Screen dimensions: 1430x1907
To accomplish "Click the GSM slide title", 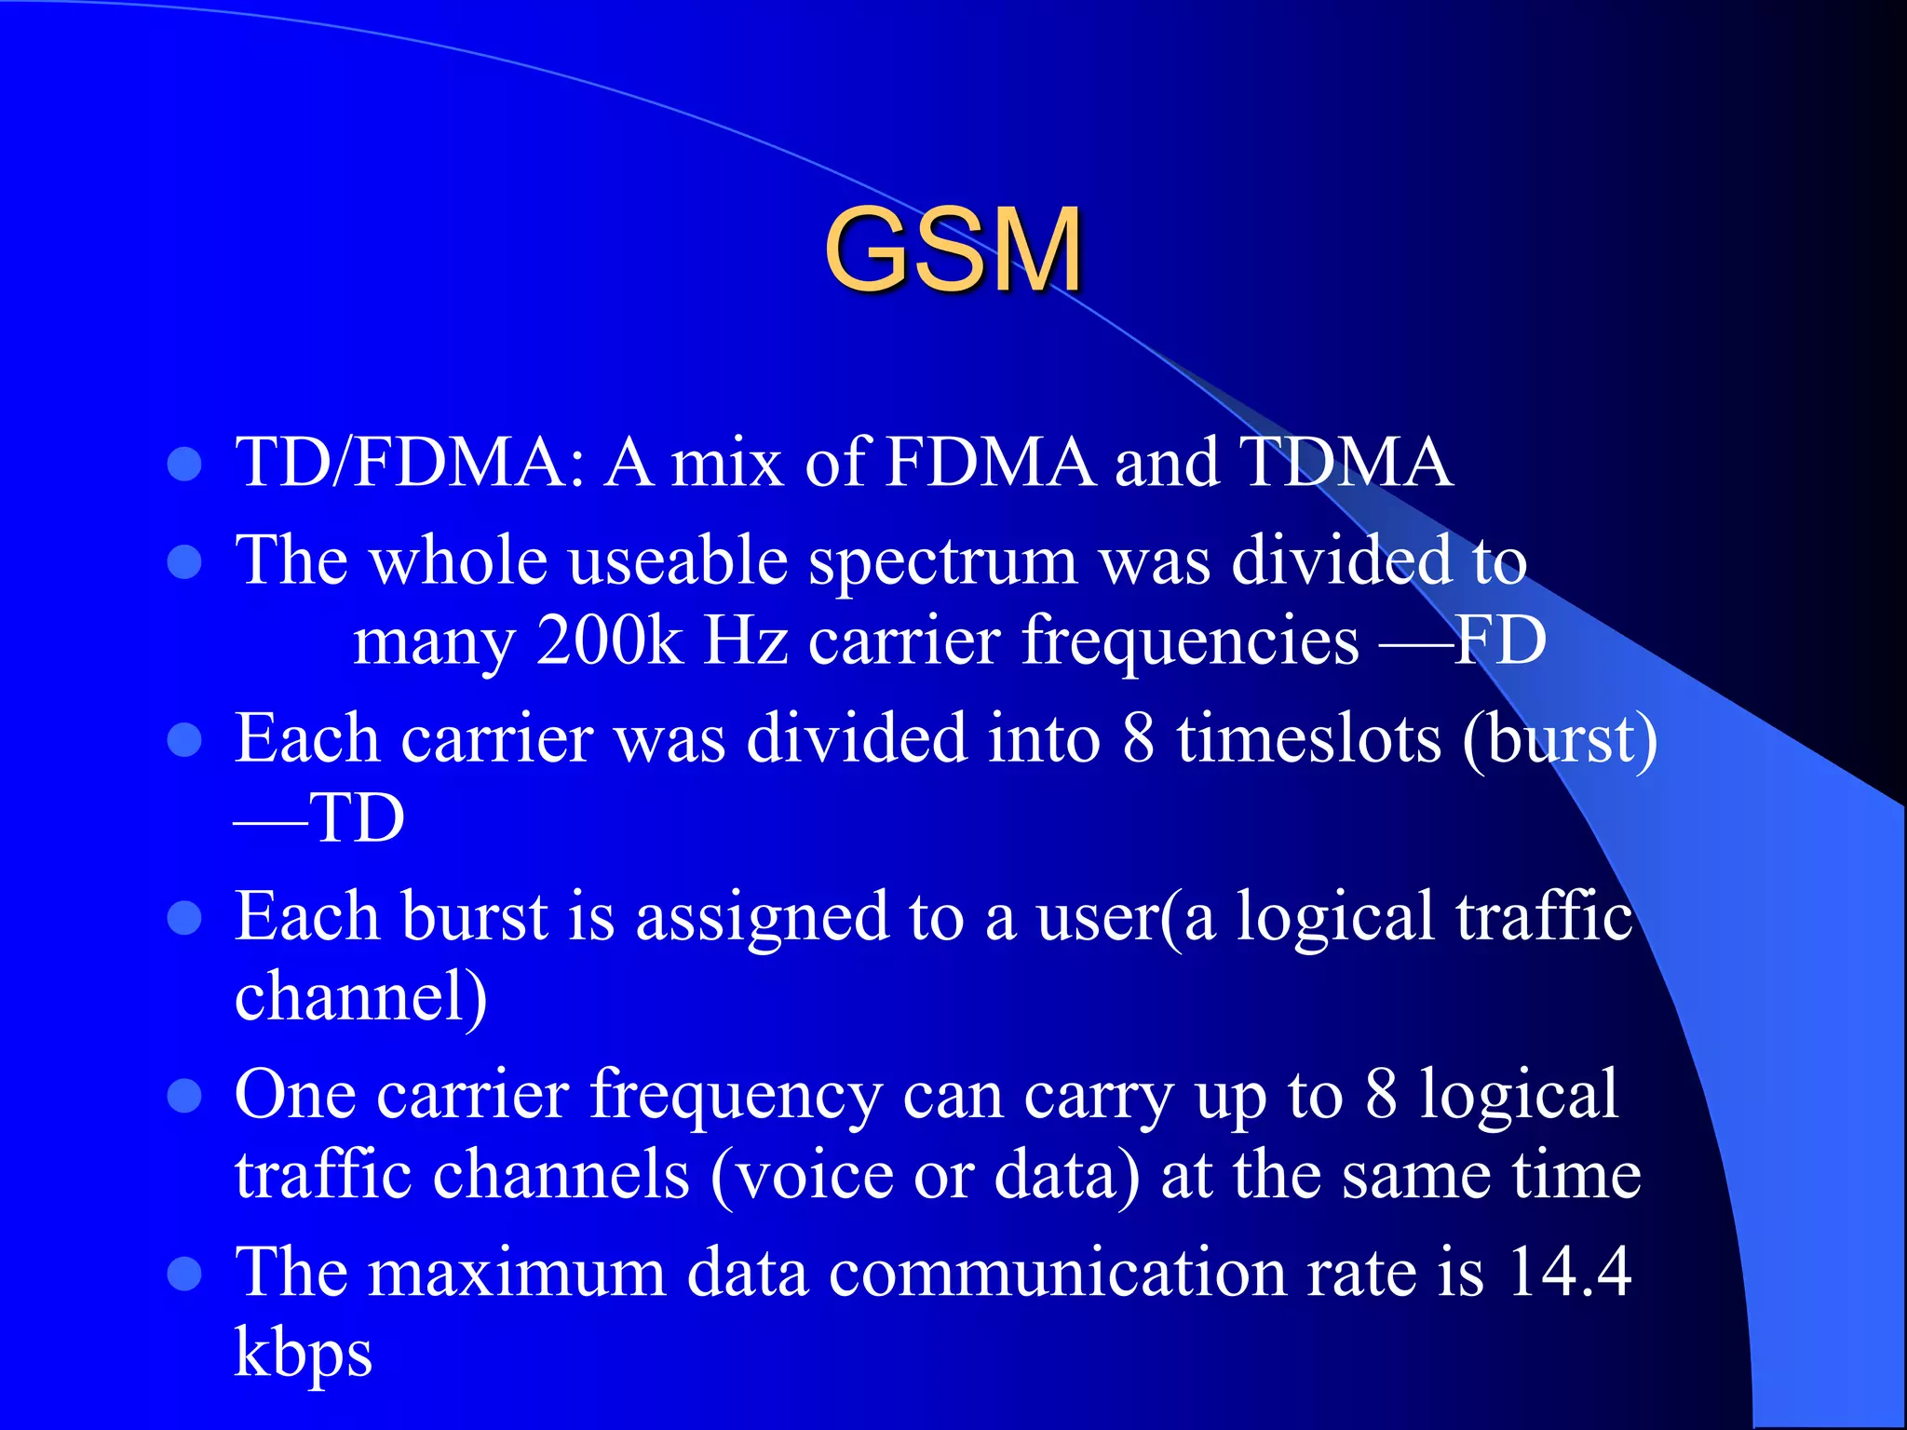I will click(x=953, y=250).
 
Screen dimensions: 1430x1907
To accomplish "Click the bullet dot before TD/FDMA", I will click(x=185, y=464).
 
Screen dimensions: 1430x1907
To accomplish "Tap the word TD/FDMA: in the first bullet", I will click(x=410, y=462).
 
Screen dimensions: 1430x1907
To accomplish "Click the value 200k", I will click(x=610, y=641).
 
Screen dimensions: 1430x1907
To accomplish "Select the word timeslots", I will click(x=1307, y=738).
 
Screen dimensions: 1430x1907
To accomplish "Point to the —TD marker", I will click(x=319, y=818).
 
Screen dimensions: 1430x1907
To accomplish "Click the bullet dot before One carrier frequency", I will click(x=185, y=1096).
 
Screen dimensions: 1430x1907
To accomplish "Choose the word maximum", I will click(x=517, y=1273).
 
